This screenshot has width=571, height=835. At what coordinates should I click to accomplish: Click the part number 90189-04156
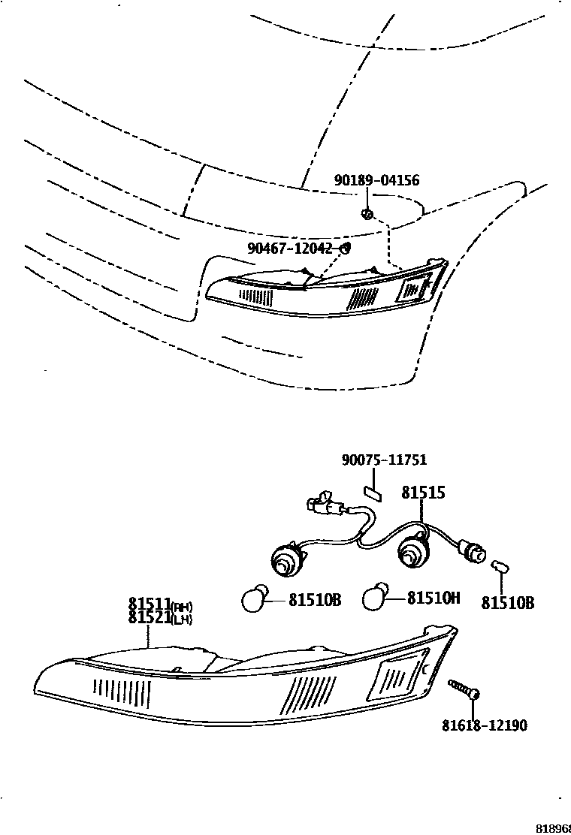(376, 181)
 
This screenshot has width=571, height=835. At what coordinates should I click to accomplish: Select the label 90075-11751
(384, 460)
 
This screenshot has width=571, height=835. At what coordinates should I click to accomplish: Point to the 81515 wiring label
(423, 493)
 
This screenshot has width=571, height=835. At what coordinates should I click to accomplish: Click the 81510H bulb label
(434, 598)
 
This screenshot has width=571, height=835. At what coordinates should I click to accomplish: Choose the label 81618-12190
(484, 725)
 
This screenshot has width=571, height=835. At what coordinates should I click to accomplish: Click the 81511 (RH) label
(160, 605)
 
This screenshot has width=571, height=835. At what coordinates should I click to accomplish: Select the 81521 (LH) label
(160, 619)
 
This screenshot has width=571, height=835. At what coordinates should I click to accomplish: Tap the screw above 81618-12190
(465, 690)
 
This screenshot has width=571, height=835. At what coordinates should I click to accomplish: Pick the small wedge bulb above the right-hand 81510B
(500, 568)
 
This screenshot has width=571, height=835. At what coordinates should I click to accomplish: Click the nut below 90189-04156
(367, 214)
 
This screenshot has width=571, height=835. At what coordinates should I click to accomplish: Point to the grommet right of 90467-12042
(346, 248)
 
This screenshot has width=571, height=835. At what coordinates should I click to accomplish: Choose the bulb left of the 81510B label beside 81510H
(254, 599)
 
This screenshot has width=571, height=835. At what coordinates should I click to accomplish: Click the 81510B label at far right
(508, 602)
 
